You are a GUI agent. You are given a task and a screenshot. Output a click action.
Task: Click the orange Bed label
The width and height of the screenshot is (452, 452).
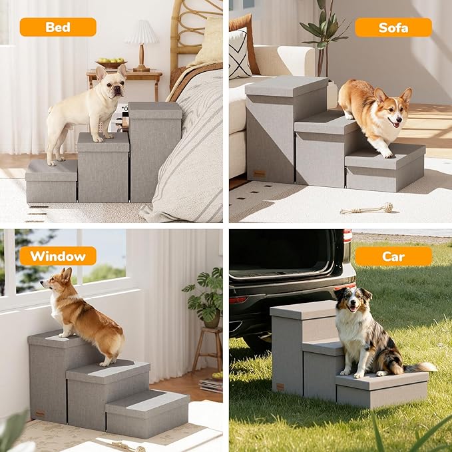click(58, 27)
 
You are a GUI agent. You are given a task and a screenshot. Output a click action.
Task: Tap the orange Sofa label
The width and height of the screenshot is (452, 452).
click(393, 27)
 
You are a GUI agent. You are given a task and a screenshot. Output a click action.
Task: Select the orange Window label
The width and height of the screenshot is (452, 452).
click(58, 256)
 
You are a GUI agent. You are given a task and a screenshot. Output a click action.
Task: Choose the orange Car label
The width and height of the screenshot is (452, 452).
click(393, 256)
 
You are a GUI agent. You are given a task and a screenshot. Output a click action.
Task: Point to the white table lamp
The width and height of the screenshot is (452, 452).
click(141, 41)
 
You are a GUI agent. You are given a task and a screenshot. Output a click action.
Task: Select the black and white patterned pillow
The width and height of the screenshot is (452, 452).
click(240, 53)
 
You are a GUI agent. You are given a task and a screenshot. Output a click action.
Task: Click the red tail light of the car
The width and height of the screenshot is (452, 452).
click(347, 236)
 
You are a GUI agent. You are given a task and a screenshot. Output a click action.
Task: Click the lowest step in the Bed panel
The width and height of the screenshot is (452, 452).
click(51, 182)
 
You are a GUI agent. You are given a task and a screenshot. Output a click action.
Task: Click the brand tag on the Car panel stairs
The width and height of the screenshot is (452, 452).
click(280, 387)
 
